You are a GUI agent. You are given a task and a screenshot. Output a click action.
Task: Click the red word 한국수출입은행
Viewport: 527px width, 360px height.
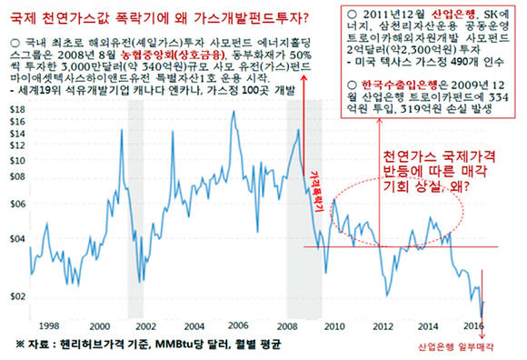[378, 81]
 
